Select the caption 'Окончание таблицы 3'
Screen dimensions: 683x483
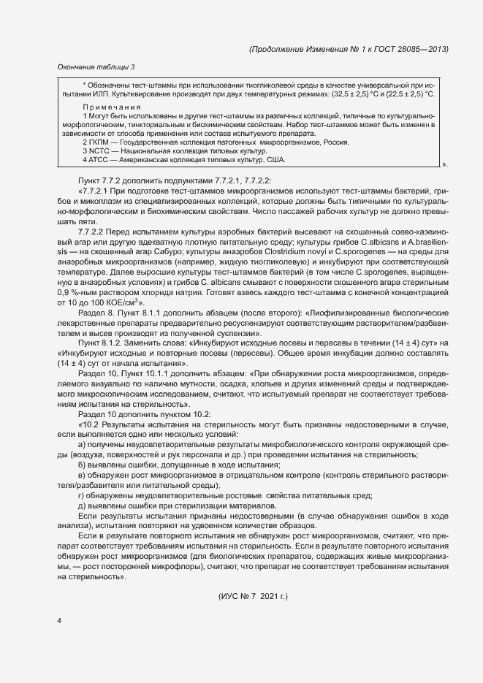click(x=96, y=68)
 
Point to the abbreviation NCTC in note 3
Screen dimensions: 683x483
click(x=100, y=150)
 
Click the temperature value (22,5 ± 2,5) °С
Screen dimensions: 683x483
click(x=407, y=94)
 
